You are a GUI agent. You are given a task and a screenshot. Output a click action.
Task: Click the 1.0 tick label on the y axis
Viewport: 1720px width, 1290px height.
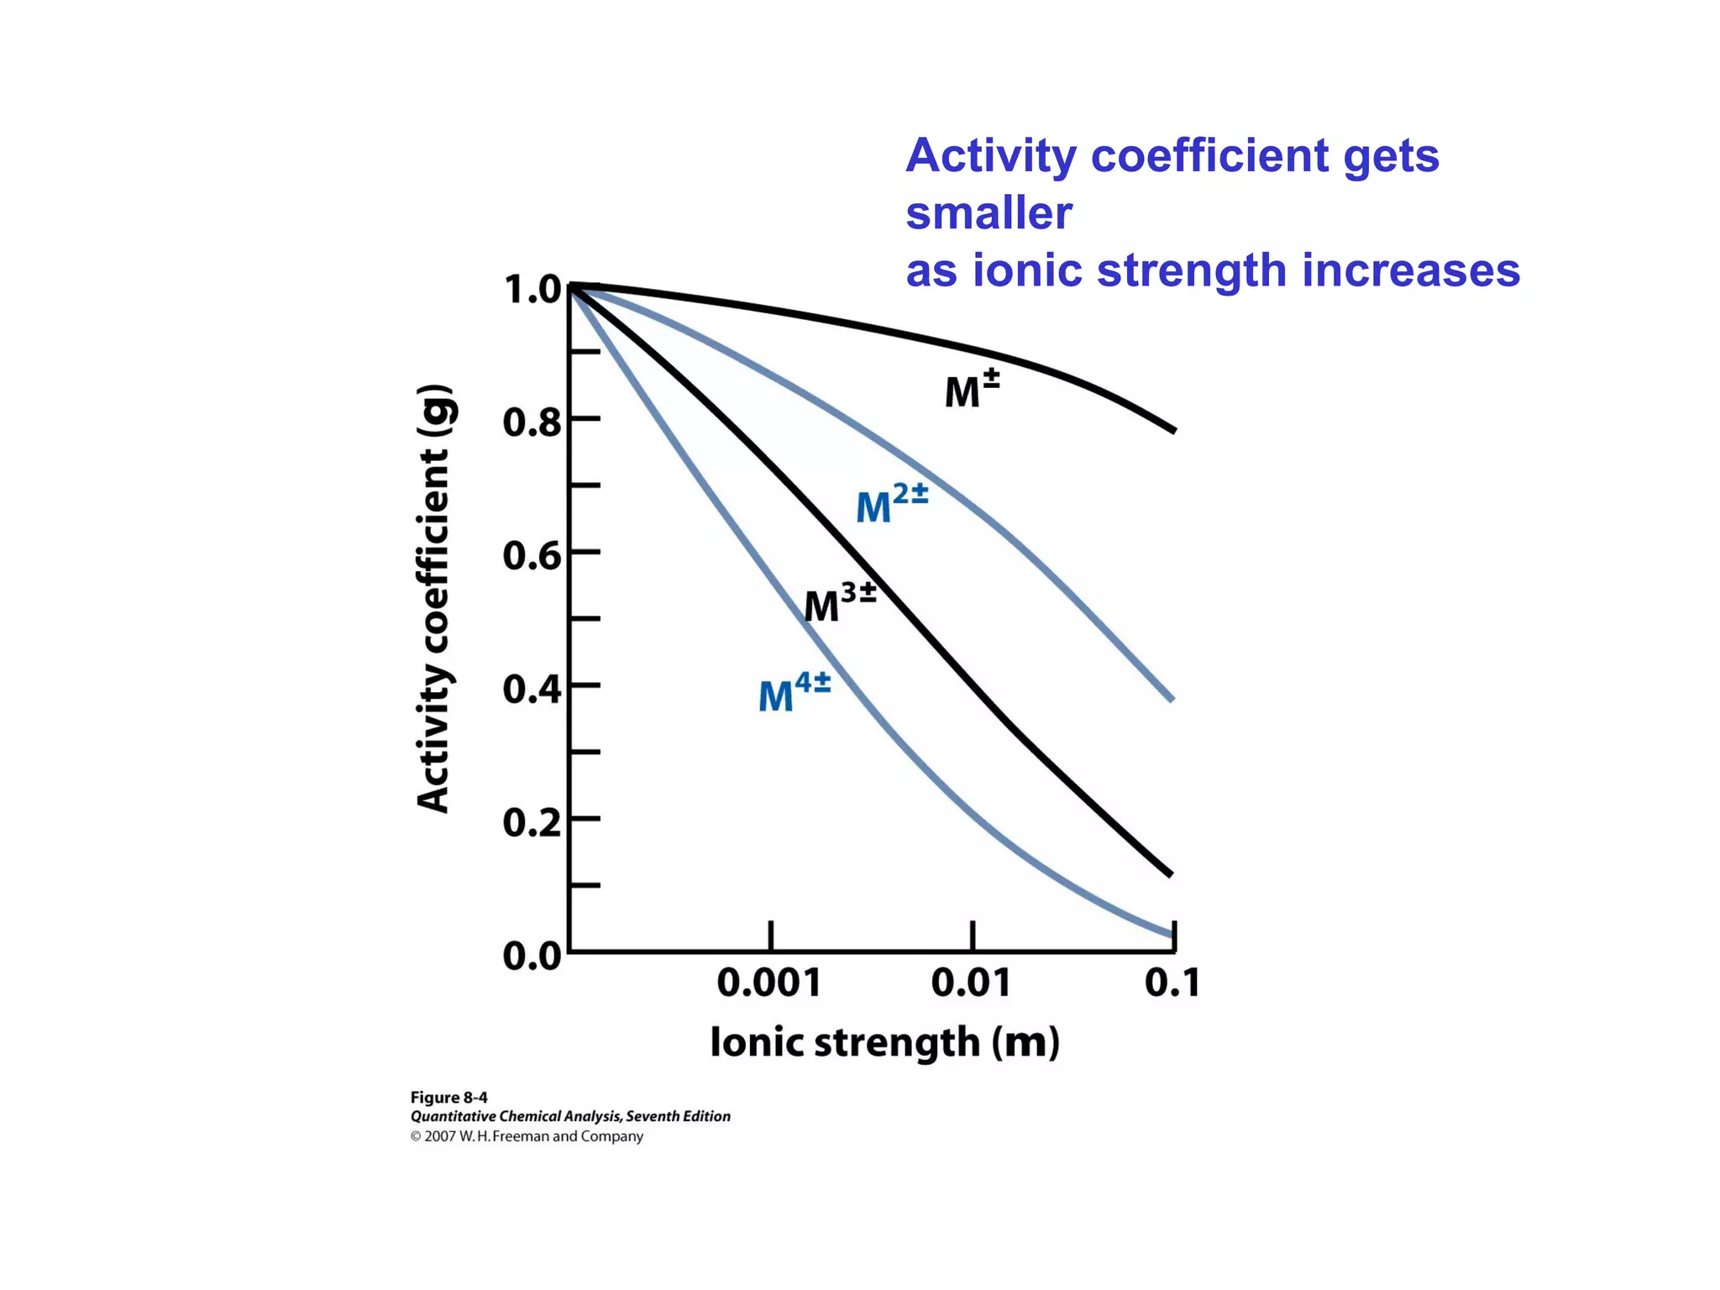point(532,290)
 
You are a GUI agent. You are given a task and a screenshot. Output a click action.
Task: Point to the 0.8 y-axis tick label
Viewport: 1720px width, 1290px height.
point(532,422)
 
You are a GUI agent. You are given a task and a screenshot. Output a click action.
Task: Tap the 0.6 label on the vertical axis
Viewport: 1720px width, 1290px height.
point(532,556)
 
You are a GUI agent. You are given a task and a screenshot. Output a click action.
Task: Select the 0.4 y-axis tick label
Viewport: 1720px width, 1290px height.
point(532,690)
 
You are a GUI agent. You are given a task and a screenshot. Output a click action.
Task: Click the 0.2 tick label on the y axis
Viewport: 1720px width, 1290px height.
point(532,822)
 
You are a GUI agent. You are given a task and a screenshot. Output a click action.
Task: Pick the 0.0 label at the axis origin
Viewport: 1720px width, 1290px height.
point(532,956)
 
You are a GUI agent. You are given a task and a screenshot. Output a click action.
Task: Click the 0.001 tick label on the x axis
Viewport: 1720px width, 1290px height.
point(768,983)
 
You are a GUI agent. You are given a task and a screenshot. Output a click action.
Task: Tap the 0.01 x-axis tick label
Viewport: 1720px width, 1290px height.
point(971,983)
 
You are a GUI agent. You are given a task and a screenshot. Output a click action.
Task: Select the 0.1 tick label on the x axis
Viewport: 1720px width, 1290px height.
point(1172,983)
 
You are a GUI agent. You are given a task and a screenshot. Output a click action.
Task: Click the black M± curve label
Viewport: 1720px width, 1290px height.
point(972,390)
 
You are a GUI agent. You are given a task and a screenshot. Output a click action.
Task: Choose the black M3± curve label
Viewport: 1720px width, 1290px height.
point(840,603)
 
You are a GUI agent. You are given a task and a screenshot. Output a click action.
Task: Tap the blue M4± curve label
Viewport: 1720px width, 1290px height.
point(794,693)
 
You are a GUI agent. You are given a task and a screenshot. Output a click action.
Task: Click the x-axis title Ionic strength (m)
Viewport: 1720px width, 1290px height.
point(884,1043)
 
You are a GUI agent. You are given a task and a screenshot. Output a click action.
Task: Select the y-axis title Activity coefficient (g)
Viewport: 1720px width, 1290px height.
point(434,598)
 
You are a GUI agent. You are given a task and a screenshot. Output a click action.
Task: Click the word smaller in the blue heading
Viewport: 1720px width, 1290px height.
point(988,213)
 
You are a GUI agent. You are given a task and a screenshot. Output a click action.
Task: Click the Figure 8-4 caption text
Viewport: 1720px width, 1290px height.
point(448,1098)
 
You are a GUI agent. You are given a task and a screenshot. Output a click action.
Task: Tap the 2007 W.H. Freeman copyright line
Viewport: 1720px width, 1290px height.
point(527,1136)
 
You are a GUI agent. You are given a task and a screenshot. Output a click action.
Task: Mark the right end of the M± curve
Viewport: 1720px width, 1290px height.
point(1172,430)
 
